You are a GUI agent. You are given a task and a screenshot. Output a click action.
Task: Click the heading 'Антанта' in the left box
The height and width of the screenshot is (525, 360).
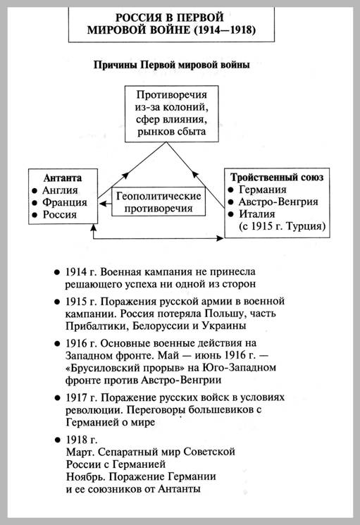tap(63, 178)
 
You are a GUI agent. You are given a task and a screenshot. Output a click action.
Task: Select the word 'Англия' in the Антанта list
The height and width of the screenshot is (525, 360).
tap(60, 190)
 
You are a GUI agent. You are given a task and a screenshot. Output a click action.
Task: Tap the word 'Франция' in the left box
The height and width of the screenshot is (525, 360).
tap(65, 202)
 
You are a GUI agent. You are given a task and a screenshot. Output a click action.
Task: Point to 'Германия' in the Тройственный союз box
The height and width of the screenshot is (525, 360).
tap(263, 190)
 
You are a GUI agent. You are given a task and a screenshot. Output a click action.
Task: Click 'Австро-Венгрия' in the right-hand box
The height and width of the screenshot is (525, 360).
tap(278, 202)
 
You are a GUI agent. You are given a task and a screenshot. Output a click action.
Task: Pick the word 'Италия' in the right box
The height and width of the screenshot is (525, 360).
tap(257, 214)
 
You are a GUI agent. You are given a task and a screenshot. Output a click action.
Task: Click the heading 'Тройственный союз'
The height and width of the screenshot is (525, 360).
tap(277, 177)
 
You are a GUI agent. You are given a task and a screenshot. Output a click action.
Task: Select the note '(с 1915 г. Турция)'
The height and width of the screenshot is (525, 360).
tap(282, 226)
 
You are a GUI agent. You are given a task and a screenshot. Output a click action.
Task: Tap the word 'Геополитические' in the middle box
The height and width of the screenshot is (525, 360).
tap(159, 196)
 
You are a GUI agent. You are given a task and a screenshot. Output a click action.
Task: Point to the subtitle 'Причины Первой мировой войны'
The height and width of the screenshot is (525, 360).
tap(171, 65)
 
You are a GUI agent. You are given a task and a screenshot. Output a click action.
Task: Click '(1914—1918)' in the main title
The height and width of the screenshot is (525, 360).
tap(225, 30)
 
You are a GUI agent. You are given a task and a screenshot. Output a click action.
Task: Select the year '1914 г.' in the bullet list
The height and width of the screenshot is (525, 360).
tap(80, 272)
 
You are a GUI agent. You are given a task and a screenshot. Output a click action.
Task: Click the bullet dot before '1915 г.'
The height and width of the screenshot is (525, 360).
tap(56, 302)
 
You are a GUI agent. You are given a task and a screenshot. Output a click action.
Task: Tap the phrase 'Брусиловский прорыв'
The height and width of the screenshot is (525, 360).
tap(125, 368)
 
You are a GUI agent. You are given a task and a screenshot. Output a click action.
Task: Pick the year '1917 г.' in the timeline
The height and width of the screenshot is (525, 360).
tap(81, 397)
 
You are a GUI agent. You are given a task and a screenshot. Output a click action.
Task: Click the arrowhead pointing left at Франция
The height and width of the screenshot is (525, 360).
tap(102, 203)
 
